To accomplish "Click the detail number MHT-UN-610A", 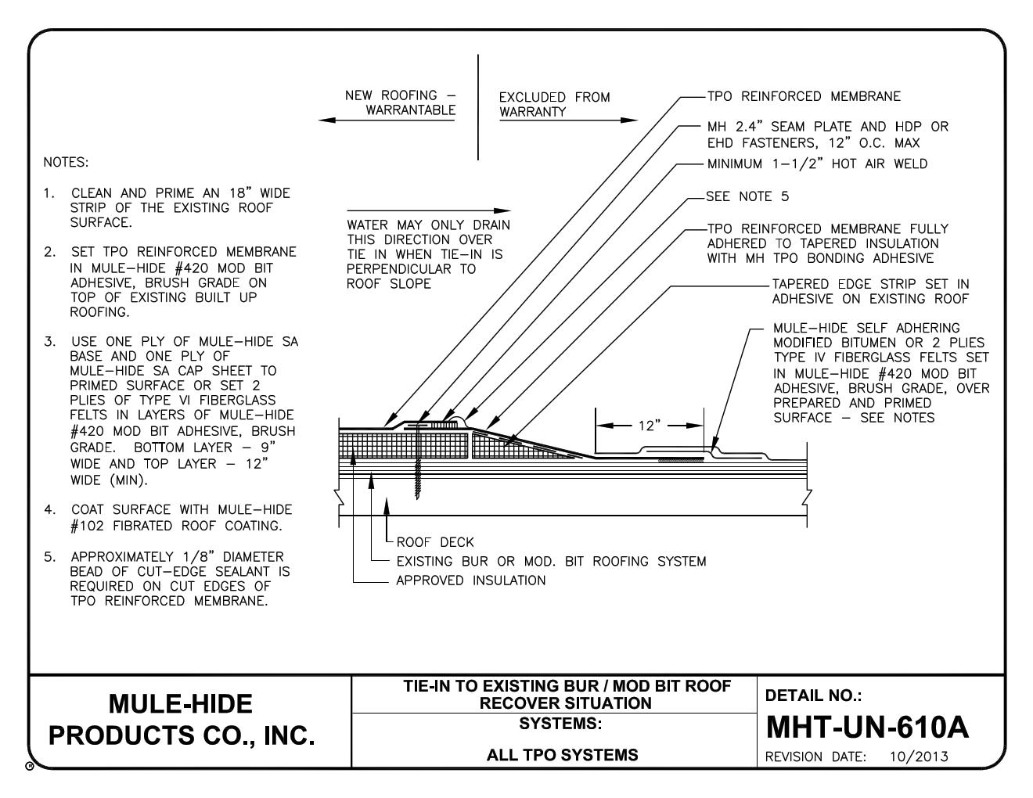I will point(866,728).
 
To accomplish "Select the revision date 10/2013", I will point(919,757).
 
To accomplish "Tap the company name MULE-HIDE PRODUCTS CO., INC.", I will point(181,720).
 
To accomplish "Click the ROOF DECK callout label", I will point(434,541).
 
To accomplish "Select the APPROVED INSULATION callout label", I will point(470,581).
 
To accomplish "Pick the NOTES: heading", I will point(67,163).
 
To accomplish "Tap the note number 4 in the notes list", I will point(49,510).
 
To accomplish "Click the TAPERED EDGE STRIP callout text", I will point(870,291).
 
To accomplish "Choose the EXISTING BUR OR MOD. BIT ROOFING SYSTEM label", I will point(551,561).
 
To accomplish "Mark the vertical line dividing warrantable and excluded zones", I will point(478,107).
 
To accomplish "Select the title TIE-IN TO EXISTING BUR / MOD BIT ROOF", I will point(567,686).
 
